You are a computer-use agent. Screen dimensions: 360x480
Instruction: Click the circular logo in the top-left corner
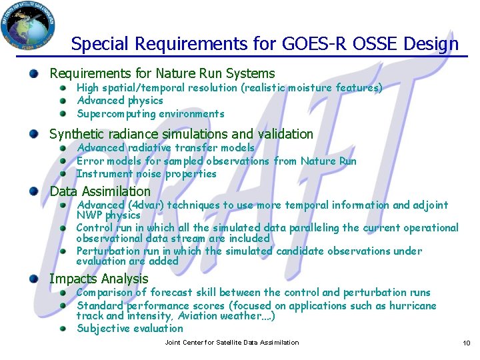point(29,26)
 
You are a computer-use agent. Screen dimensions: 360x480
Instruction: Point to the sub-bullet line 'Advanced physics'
point(120,101)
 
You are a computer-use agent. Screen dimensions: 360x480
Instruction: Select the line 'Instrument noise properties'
point(147,174)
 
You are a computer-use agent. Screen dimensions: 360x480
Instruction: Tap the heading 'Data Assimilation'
point(100,192)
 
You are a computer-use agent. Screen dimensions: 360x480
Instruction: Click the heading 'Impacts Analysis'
point(99,279)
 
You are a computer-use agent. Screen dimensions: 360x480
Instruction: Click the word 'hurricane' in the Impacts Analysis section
point(413,306)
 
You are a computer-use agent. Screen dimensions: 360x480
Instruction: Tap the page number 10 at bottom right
point(466,343)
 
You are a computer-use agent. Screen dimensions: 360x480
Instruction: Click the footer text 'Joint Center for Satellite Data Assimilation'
point(231,343)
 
